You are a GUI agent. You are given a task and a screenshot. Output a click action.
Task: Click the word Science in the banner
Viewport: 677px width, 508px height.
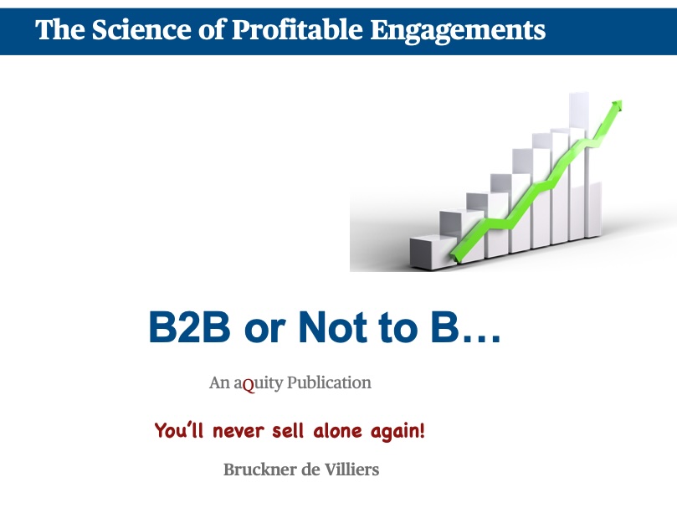(141, 30)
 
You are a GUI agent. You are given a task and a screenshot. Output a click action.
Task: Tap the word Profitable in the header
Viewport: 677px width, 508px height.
(297, 30)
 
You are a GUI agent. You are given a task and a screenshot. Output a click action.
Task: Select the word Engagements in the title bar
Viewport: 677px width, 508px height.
(458, 31)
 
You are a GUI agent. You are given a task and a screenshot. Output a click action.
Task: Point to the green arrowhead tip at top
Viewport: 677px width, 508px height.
(621, 102)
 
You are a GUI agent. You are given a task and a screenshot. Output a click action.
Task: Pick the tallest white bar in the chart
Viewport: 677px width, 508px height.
(578, 166)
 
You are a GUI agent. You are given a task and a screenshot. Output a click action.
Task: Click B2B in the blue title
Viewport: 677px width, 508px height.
(189, 327)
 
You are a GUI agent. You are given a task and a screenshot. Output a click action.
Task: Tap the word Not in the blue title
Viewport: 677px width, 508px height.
(333, 327)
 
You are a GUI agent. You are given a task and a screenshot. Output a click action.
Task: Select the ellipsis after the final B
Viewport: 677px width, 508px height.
(481, 338)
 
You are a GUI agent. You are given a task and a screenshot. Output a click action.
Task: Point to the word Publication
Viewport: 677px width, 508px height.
(329, 382)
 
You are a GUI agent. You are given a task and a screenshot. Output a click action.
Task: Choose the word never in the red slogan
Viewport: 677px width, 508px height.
(238, 432)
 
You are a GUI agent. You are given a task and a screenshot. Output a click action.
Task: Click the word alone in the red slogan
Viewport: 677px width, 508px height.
(337, 431)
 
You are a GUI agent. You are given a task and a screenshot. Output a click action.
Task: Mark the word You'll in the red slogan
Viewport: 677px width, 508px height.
(179, 430)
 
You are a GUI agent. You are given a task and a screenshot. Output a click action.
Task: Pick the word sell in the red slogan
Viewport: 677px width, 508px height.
(288, 431)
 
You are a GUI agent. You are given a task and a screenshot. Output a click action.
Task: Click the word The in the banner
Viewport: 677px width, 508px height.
(60, 30)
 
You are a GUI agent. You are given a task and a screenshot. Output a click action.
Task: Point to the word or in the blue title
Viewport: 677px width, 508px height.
(264, 331)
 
